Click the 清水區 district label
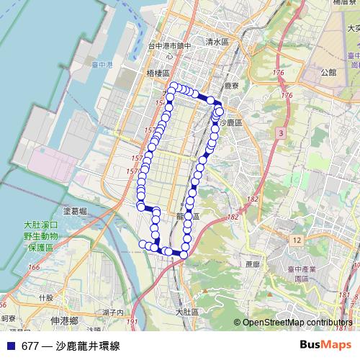click(216, 42)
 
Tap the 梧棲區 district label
click(157, 73)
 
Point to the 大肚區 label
click(187, 312)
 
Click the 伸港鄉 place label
click(65, 320)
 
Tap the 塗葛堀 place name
click(75, 211)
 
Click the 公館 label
click(329, 72)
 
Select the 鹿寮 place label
click(231, 85)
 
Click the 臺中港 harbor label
click(104, 64)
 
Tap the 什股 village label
click(46, 297)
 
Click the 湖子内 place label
click(114, 312)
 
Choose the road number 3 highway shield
click(279, 133)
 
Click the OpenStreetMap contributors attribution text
click(297, 323)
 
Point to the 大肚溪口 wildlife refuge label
click(41, 225)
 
